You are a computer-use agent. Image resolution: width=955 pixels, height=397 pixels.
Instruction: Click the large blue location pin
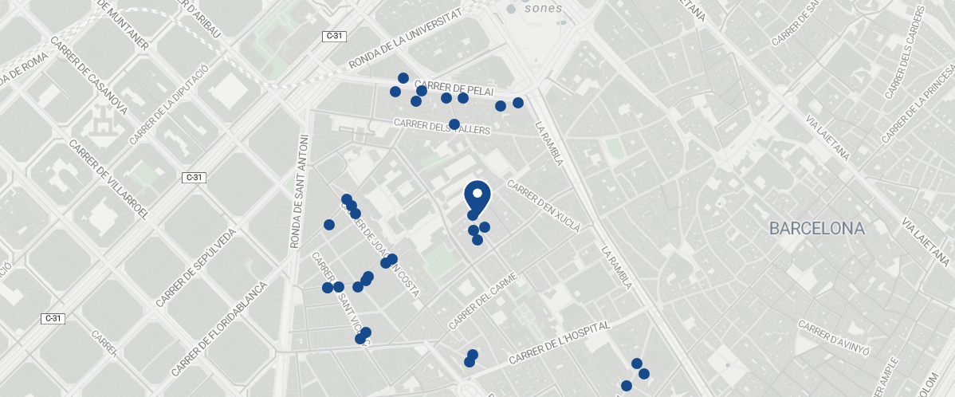pyautogui.click(x=477, y=195)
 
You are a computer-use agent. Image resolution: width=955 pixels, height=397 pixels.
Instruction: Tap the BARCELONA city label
pyautogui.click(x=816, y=229)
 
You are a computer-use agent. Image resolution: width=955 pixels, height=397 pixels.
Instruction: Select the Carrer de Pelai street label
pyautogui.click(x=455, y=88)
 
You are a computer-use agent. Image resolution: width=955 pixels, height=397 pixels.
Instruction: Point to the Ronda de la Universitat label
pyautogui.click(x=406, y=41)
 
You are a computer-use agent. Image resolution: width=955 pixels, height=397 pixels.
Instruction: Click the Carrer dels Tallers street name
pyautogui.click(x=442, y=127)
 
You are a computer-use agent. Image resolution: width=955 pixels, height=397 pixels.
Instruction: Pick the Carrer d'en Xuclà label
pyautogui.click(x=544, y=206)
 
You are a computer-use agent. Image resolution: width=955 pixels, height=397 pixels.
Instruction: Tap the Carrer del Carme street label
pyautogui.click(x=483, y=301)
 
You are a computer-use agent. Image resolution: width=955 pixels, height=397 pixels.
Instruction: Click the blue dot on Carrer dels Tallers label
pyautogui.click(x=454, y=124)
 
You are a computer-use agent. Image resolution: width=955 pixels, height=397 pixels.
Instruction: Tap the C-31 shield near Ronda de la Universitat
pyautogui.click(x=334, y=36)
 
